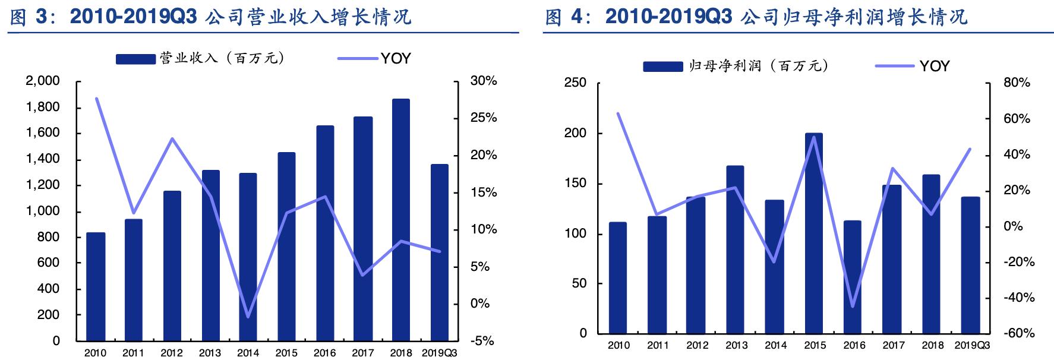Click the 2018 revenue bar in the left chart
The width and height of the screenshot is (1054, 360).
(x=401, y=220)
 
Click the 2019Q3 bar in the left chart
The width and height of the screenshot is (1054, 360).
(x=439, y=252)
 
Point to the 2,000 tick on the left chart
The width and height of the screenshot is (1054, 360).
(x=43, y=81)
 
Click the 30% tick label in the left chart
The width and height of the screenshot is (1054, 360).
(x=483, y=81)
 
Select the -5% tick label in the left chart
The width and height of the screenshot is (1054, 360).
(x=482, y=341)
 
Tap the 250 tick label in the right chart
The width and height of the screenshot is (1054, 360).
(x=575, y=83)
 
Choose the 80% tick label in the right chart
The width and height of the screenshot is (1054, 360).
(x=1017, y=83)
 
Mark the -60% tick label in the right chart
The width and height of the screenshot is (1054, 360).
(x=1018, y=333)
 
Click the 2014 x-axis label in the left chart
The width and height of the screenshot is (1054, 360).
(x=248, y=353)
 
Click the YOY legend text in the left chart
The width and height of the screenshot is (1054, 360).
(x=396, y=58)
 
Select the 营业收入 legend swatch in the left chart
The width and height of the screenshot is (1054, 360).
(x=135, y=59)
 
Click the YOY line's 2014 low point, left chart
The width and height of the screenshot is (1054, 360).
(x=248, y=317)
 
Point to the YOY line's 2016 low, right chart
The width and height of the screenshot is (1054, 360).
(x=852, y=307)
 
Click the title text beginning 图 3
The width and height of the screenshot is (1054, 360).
(x=210, y=17)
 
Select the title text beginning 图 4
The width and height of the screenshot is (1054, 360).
(x=756, y=17)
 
